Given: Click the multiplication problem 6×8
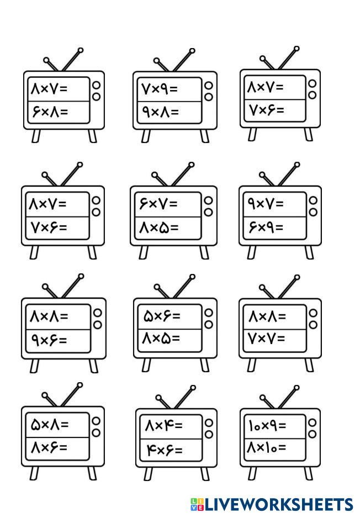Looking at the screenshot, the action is pos(49,112).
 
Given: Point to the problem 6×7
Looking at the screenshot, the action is pos(158,203).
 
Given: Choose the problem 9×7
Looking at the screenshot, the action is pos(267,203).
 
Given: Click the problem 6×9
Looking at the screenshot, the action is pos(267,227).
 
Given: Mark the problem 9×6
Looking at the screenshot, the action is pos(49,340).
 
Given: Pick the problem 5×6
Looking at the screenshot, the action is pos(162,316).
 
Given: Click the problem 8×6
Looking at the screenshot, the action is pos(49,448).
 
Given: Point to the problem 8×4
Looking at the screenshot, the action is pos(163,426).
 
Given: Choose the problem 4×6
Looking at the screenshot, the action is pos(164,451).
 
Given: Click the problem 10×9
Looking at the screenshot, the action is pos(267,425).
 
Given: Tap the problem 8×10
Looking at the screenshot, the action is pos(267,447).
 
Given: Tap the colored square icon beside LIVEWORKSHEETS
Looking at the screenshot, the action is pos(197,504).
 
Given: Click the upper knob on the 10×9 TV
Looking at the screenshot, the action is pos(312,422).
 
